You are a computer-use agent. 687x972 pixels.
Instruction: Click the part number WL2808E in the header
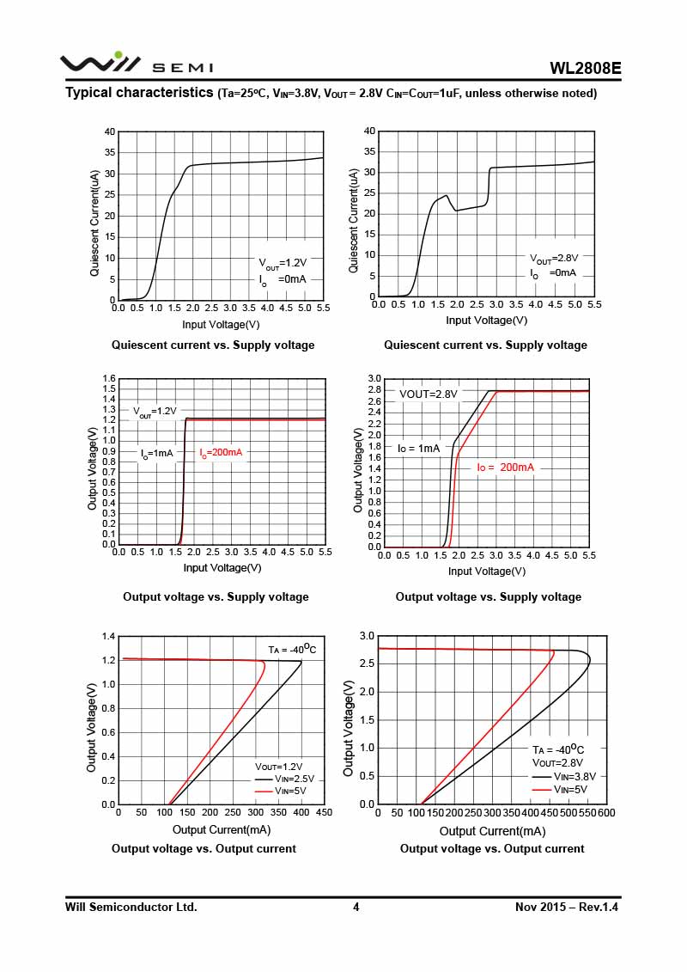586,69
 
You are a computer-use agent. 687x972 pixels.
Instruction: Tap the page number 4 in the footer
356,907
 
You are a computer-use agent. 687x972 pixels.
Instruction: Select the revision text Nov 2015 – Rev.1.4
567,907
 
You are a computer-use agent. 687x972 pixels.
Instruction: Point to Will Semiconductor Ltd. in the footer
131,907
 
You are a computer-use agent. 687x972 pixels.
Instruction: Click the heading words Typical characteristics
139,93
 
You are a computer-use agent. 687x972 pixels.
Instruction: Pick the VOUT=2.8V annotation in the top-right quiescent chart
554,258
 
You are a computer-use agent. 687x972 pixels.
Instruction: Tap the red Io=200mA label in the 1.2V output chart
221,453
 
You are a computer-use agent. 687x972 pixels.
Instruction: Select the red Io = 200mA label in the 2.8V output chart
506,467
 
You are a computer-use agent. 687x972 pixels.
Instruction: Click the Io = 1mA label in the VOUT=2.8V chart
419,448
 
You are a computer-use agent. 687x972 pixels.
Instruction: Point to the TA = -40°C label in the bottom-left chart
292,649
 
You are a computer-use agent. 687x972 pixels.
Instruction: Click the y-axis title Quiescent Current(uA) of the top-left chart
94,223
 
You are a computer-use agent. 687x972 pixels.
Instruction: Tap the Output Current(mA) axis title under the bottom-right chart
492,831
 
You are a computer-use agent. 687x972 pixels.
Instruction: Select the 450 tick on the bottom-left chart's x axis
325,812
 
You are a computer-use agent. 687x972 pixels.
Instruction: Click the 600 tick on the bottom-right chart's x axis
606,812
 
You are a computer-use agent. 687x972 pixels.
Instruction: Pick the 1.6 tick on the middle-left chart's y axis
109,379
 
